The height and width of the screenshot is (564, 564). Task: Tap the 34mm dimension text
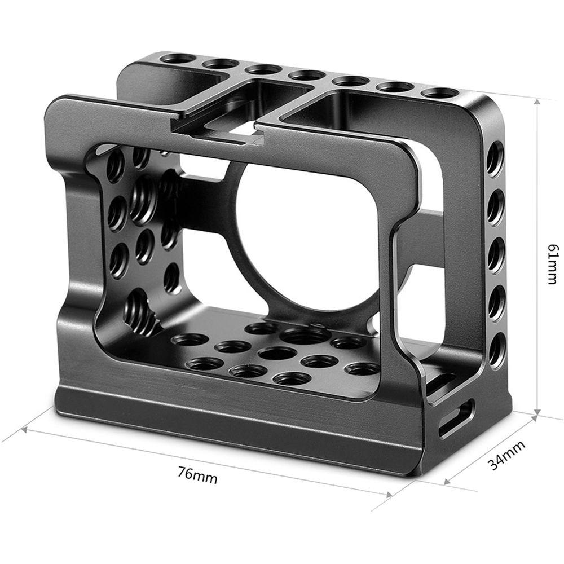pos(506,455)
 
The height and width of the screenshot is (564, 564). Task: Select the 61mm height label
pos(552,263)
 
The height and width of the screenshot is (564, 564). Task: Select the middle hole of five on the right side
pos(496,254)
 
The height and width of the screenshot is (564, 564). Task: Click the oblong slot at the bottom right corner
pos(456,417)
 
